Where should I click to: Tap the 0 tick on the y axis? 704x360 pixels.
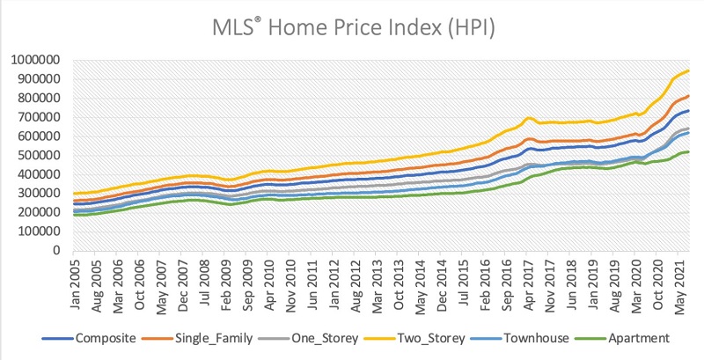[x=55, y=250]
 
